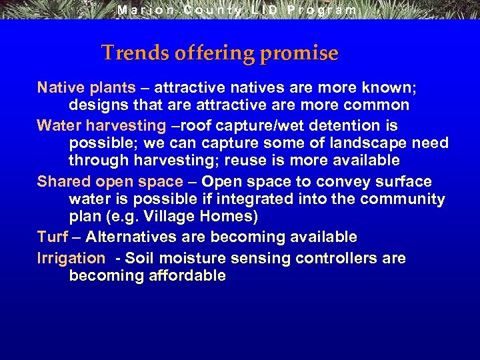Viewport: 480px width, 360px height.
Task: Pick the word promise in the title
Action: [299, 53]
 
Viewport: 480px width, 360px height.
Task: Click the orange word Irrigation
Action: [71, 258]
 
